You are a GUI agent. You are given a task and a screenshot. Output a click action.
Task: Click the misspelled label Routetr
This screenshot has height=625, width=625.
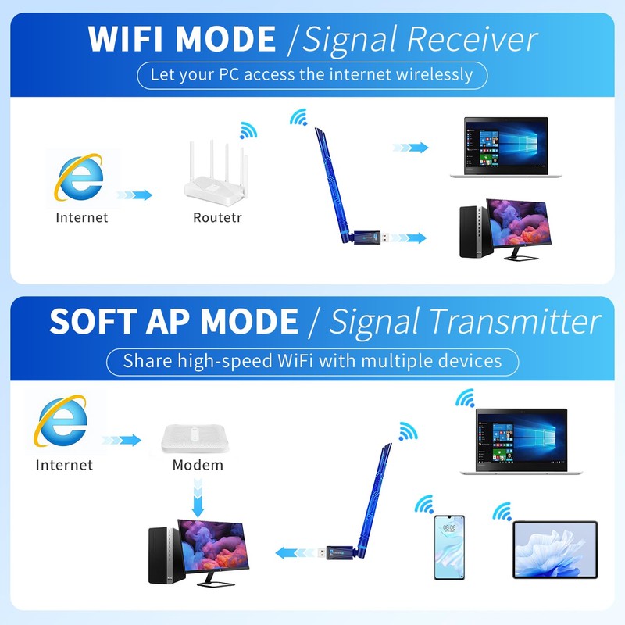click(217, 218)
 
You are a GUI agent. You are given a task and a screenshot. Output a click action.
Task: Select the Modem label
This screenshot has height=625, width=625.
click(198, 465)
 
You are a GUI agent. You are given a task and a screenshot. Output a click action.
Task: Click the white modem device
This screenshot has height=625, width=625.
click(195, 438)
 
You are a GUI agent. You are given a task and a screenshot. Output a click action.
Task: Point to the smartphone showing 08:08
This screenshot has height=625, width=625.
click(449, 548)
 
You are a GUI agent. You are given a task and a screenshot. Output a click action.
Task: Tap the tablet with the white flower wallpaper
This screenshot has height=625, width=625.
click(555, 550)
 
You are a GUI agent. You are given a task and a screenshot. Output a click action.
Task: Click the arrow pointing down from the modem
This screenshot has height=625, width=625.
click(198, 498)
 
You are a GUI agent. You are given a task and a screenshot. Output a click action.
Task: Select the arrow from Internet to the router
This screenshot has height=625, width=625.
click(134, 195)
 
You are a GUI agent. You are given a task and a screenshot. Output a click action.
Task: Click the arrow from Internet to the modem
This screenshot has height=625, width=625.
click(121, 440)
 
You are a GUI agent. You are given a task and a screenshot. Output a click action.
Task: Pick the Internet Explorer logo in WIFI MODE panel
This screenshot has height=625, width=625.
click(79, 177)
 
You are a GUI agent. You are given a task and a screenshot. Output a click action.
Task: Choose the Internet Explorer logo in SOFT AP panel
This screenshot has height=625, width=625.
click(61, 420)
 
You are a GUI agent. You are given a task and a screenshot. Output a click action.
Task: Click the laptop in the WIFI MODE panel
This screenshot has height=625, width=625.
click(505, 148)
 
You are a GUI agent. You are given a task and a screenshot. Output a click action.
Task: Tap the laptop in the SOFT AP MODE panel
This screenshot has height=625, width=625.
click(521, 441)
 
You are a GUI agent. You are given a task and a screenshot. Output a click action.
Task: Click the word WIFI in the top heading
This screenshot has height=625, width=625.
click(125, 39)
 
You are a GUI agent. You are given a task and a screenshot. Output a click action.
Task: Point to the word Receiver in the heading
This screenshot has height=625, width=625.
click(472, 39)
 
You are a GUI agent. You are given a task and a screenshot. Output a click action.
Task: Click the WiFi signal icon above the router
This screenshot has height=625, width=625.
click(248, 130)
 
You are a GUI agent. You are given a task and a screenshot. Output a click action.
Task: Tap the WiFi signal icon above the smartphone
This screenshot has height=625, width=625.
click(424, 504)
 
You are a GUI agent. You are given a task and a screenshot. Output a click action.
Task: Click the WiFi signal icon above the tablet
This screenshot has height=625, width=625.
click(502, 512)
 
